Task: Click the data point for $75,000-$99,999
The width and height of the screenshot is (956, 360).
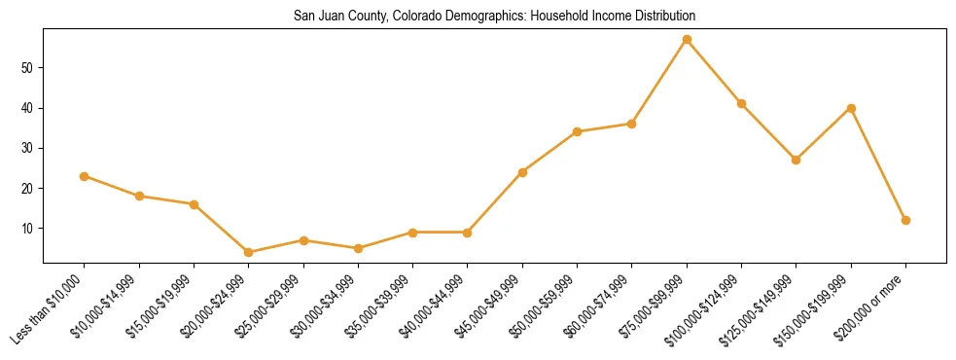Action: click(687, 39)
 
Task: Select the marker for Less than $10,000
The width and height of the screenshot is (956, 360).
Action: click(85, 176)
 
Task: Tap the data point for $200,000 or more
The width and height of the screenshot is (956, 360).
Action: click(905, 220)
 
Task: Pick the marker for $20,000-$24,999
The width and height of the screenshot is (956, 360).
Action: click(249, 252)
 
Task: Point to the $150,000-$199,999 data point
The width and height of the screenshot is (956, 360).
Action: click(851, 108)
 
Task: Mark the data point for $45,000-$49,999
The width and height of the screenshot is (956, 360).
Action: click(522, 172)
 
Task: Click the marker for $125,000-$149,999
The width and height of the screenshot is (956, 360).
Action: click(796, 160)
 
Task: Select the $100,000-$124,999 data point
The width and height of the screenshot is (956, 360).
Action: click(741, 103)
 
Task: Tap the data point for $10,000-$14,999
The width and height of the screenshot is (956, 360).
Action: click(139, 196)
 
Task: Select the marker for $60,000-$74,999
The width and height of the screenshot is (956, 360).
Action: click(631, 124)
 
